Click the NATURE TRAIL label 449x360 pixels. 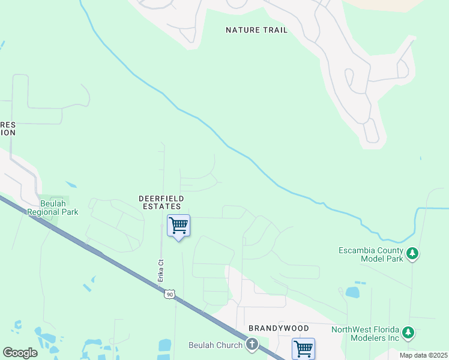tap(256, 30)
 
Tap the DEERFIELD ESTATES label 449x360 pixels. tap(161, 202)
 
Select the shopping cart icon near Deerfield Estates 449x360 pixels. tap(178, 226)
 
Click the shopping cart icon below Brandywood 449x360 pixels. tap(303, 348)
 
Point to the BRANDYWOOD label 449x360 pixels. tap(279, 329)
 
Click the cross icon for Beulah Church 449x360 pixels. tap(252, 344)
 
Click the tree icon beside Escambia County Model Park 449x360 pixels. tap(412, 254)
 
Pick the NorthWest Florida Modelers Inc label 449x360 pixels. tap(366, 334)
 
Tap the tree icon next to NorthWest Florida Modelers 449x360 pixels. tap(408, 332)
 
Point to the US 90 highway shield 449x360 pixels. tap(170, 293)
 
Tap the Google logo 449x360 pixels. tap(20, 352)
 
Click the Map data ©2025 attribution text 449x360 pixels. tap(422, 355)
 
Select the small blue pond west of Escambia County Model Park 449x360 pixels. tap(352, 293)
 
